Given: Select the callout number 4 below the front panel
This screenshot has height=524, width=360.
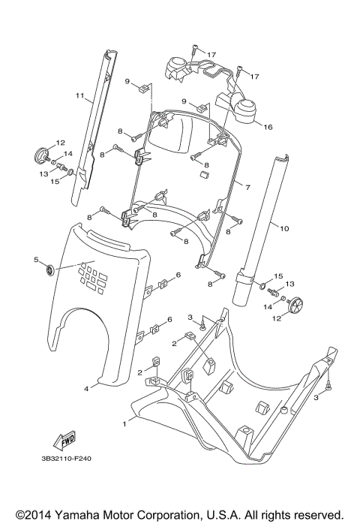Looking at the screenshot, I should [x=86, y=388].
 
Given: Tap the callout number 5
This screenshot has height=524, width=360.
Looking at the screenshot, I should [x=35, y=260].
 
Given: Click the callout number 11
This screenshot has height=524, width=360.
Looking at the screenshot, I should [x=78, y=96].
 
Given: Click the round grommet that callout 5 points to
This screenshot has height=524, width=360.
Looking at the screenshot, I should [x=49, y=270].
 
